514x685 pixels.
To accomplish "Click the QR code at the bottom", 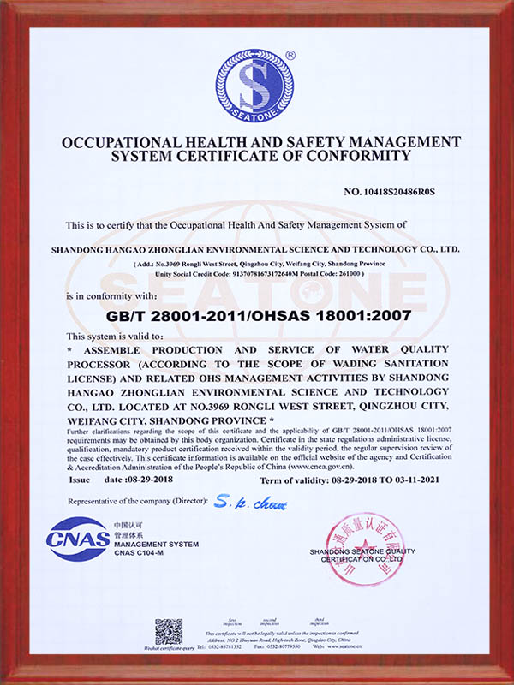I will (x=169, y=632).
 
